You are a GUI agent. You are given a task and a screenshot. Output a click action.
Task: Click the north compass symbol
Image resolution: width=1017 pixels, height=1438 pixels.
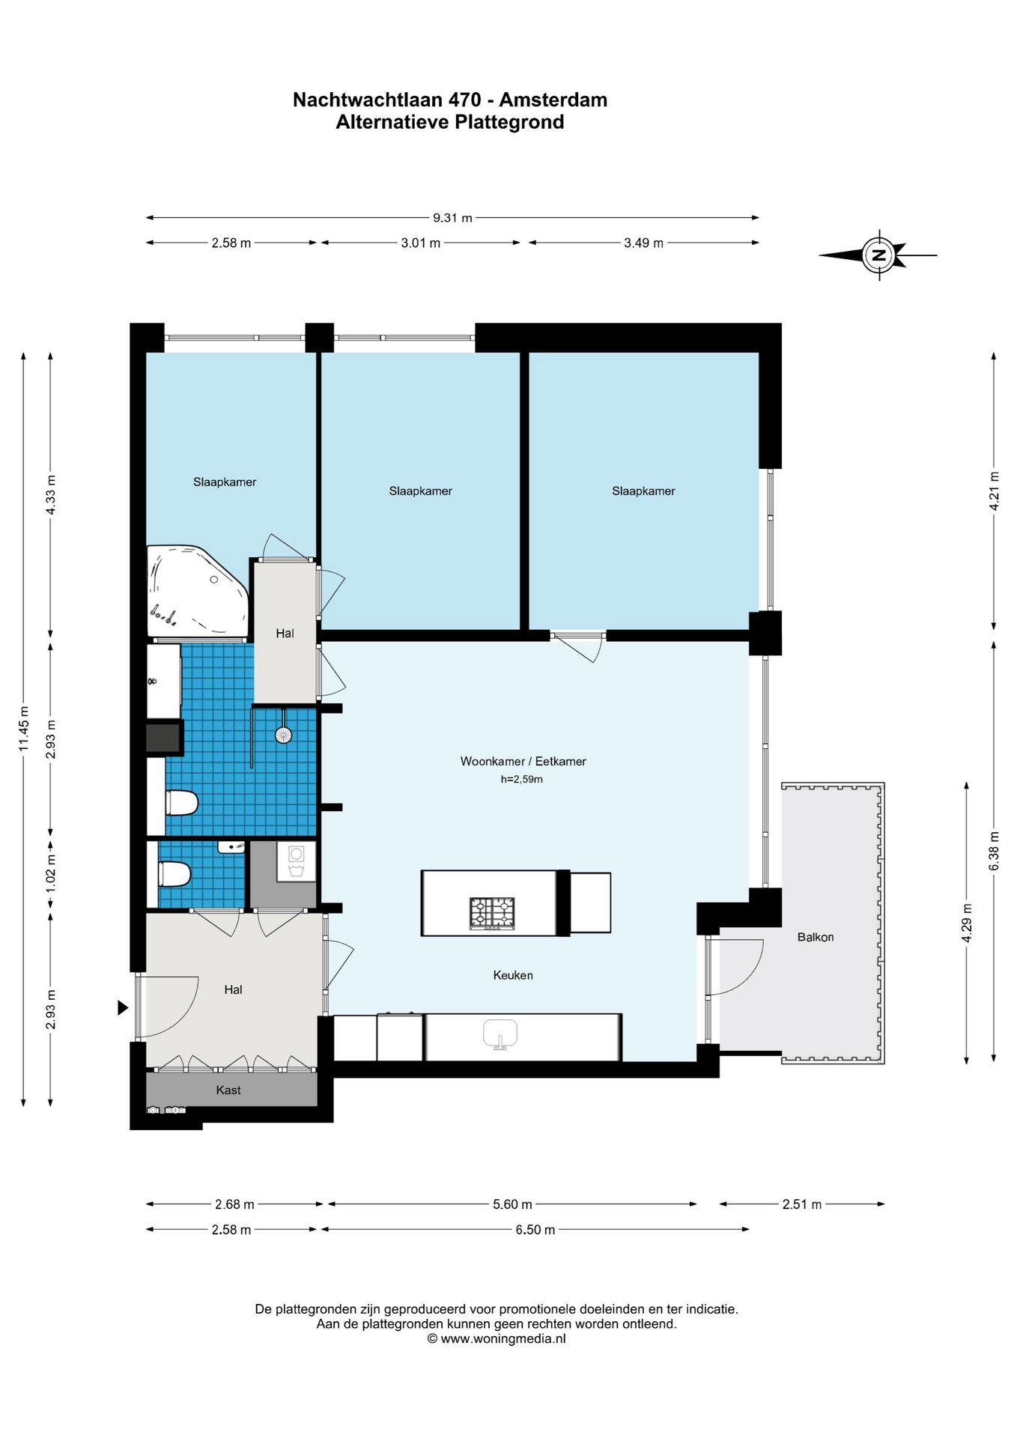878,255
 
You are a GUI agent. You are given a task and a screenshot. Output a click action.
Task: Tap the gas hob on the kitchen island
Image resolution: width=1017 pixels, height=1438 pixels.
493,913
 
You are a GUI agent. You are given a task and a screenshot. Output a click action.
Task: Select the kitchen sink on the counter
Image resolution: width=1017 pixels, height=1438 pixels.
500,1034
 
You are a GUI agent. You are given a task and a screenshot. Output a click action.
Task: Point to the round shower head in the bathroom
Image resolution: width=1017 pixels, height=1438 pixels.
283,735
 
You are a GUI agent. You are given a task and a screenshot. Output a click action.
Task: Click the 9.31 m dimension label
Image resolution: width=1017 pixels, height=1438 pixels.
452,218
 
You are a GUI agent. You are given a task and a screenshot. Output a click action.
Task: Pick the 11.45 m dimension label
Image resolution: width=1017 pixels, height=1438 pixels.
24,729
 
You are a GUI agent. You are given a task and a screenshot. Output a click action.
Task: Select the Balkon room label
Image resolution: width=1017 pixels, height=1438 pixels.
815,937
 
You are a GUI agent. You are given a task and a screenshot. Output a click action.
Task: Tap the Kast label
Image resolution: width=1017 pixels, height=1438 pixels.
228,1090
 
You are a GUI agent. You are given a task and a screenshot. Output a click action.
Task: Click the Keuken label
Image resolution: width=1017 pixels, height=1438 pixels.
513,975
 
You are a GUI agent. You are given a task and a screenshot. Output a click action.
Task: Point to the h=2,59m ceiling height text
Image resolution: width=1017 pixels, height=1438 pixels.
522,779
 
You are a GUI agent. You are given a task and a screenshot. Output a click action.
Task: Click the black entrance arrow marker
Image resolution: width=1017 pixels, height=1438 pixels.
123,1008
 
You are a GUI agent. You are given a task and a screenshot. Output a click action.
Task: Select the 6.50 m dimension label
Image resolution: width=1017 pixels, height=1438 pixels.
535,1230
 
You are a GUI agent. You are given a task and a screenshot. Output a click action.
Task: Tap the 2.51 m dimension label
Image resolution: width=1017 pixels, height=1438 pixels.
801,1204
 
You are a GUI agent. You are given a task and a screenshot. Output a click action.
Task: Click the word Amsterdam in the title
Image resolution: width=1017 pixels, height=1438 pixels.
553,100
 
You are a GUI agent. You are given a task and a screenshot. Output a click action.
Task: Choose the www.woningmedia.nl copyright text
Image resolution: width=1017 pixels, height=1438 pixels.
497,1338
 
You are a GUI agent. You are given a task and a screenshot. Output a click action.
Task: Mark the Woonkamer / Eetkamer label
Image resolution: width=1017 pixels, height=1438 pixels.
523,761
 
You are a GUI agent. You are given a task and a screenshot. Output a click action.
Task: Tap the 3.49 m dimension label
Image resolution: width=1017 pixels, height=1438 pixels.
643,243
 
